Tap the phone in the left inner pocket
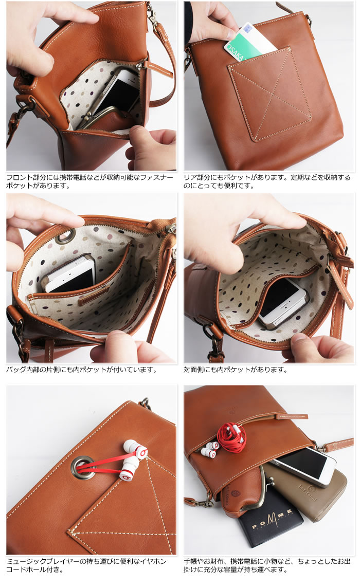click(70, 272)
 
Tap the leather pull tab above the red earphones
click(292, 417)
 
